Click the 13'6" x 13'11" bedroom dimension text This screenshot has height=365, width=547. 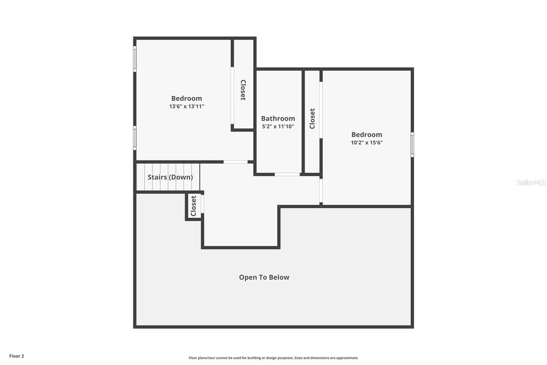[187, 107]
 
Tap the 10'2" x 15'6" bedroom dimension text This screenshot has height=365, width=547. [367, 143]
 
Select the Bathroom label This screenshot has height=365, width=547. [278, 119]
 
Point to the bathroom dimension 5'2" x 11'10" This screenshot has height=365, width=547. [278, 127]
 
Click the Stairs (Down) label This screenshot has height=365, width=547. [170, 177]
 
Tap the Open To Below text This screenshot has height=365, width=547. [264, 277]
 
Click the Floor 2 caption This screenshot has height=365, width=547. [17, 356]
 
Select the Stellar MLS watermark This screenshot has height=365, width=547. [531, 182]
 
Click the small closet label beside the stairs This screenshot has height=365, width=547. [193, 206]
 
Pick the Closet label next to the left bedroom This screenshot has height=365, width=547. [243, 90]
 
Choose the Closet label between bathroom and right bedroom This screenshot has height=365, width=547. [312, 119]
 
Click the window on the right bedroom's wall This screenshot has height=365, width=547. [412, 145]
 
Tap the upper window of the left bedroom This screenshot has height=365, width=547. [135, 59]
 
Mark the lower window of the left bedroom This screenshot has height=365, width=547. [135, 138]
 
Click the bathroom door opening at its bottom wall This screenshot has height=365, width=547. [287, 175]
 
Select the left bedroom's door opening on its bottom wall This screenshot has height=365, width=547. [235, 162]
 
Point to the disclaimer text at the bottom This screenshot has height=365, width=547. [273, 358]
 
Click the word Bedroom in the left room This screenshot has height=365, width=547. [187, 98]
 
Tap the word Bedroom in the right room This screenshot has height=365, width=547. [367, 134]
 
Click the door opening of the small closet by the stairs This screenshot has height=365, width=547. [203, 204]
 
